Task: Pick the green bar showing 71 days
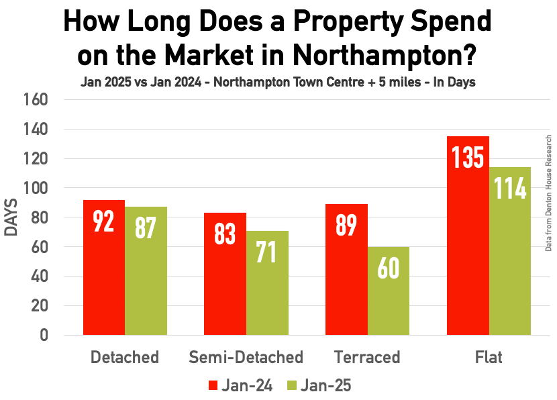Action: pos(267,283)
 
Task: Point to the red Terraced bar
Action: pos(346,269)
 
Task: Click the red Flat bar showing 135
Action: pos(468,235)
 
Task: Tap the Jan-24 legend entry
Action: pos(242,385)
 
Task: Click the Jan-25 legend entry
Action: pos(318,385)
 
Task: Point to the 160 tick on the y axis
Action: pos(38,100)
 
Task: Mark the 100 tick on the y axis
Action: pos(38,189)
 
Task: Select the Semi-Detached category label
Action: pos(246,356)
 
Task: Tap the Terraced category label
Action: pos(367,356)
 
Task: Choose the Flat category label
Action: pos(488,356)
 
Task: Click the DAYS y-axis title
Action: pos(11,217)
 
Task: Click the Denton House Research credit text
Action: pos(548,193)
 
